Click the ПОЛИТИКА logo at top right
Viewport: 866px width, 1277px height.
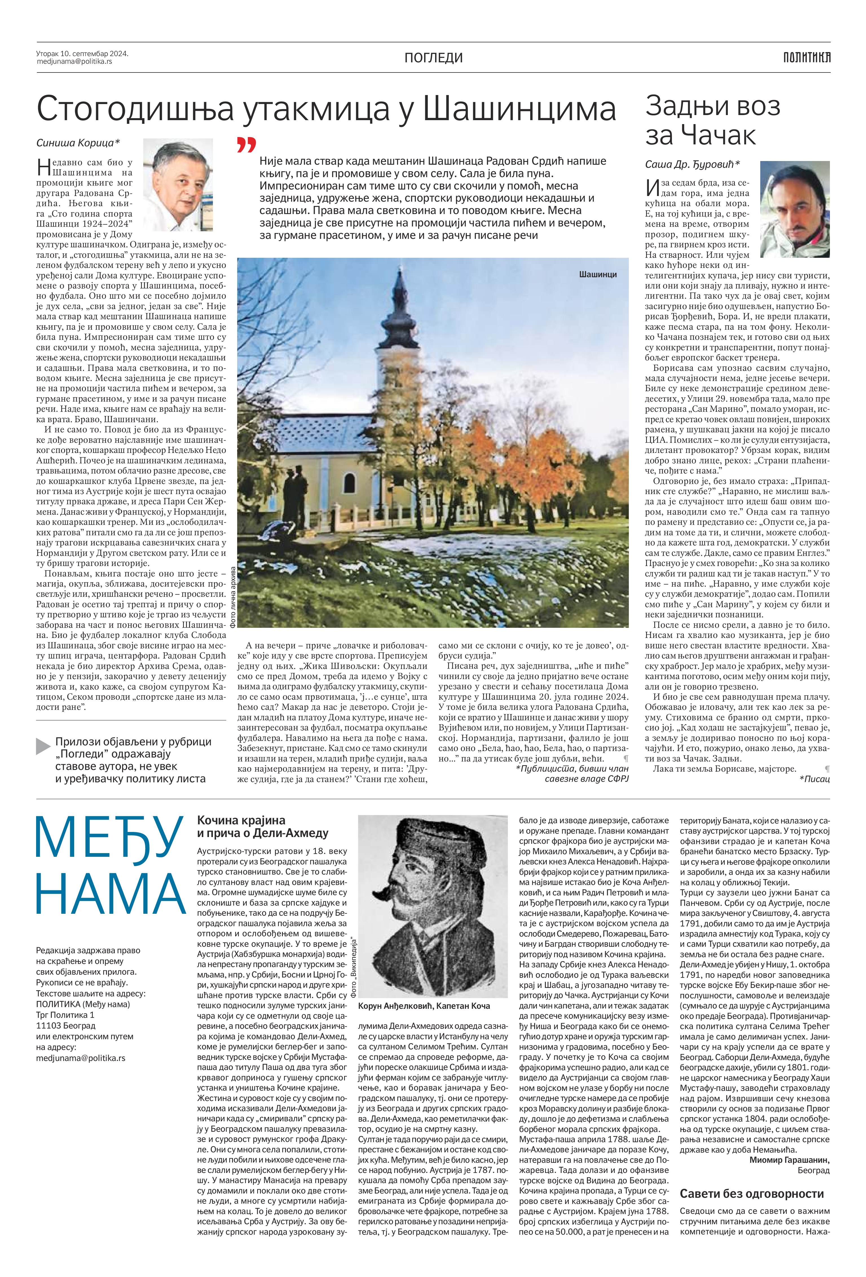(x=806, y=57)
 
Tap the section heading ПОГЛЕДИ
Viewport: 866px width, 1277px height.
(x=433, y=58)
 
